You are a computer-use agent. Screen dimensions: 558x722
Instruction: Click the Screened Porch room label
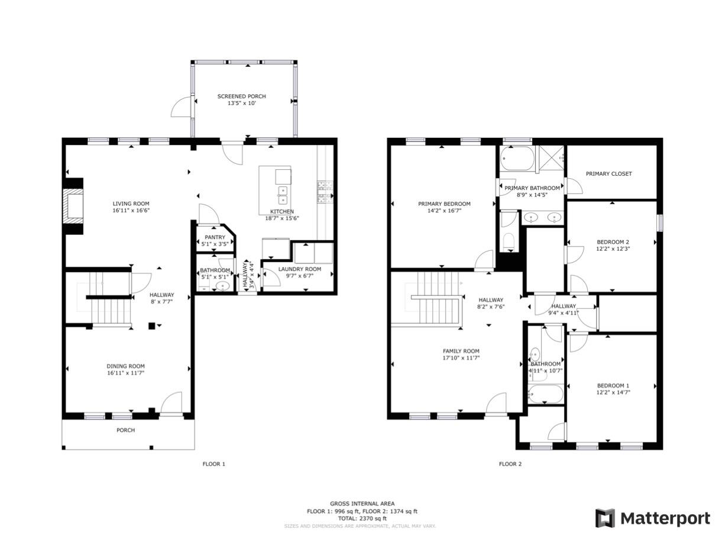pyautogui.click(x=241, y=96)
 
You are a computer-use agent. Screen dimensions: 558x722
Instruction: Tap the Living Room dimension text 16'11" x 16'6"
pyautogui.click(x=131, y=211)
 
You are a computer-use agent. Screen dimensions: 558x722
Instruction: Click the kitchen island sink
pyautogui.click(x=283, y=192)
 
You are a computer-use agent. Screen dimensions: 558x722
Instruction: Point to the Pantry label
pyautogui.click(x=215, y=237)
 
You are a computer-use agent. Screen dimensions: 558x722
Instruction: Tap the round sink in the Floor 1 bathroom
pyautogui.click(x=222, y=286)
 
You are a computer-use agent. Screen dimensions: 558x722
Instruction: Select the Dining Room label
pyautogui.click(x=125, y=366)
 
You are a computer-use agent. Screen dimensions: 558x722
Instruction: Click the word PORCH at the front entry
pyautogui.click(x=125, y=430)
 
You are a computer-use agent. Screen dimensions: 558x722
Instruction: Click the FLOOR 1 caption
pyautogui.click(x=213, y=464)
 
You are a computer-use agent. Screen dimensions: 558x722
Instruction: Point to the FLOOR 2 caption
pyautogui.click(x=510, y=464)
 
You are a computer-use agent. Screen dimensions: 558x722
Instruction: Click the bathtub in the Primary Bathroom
pyautogui.click(x=517, y=159)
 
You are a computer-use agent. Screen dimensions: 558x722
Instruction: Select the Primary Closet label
pyautogui.click(x=608, y=174)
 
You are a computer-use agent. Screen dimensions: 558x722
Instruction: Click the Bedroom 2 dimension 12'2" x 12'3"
pyautogui.click(x=613, y=249)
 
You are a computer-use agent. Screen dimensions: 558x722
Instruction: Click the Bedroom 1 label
pyautogui.click(x=613, y=386)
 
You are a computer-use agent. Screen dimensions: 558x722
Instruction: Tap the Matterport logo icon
pyautogui.click(x=605, y=518)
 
